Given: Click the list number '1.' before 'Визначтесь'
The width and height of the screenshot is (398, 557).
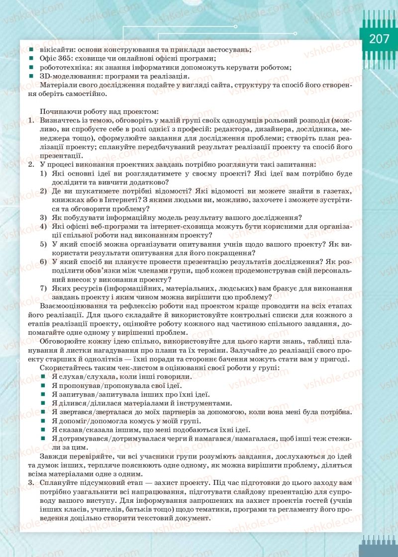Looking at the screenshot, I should (31, 121).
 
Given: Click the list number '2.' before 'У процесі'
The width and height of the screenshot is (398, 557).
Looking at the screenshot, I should (31, 164).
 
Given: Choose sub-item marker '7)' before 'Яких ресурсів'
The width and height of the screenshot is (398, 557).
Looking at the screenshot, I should (43, 288).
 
